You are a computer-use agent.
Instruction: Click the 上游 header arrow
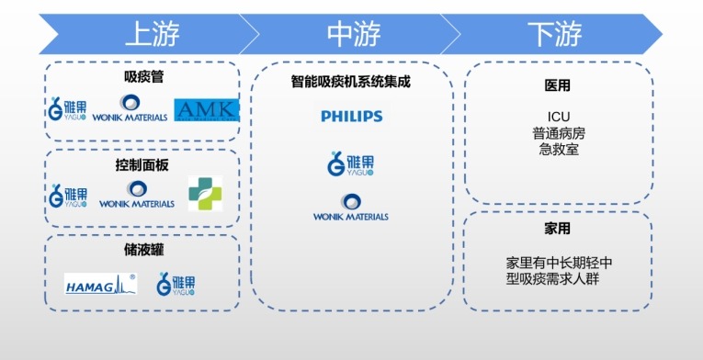[152, 35]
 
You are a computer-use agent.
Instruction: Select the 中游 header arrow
[353, 35]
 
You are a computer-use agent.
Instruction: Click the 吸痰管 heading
[143, 78]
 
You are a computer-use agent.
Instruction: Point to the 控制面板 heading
[143, 163]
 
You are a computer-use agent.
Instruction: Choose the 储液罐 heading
[143, 249]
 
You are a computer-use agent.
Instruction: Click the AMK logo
[207, 109]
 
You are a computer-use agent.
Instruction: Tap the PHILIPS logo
[352, 117]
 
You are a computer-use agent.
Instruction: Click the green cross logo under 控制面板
[205, 193]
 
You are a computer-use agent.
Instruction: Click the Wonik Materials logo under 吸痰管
[130, 109]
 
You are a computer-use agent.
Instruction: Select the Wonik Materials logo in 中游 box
[351, 208]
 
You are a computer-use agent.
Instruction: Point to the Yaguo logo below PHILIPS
[351, 163]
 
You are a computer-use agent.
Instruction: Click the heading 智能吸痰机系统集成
[352, 81]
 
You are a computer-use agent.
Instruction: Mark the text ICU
[559, 116]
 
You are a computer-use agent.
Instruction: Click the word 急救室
[559, 149]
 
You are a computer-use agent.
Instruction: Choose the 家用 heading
[558, 228]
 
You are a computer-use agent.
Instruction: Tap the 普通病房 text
[559, 132]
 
